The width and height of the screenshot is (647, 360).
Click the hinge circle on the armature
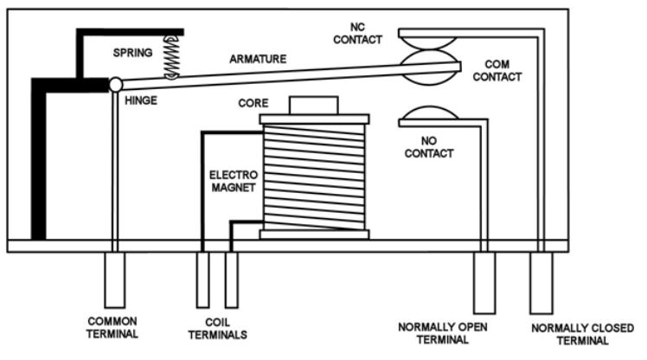[x=116, y=85]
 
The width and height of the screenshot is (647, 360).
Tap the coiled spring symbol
[x=171, y=57]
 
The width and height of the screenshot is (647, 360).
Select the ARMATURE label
[x=258, y=59]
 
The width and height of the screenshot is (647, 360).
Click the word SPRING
[x=133, y=53]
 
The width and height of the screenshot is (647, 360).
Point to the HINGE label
[x=141, y=100]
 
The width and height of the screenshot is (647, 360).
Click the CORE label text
[x=253, y=103]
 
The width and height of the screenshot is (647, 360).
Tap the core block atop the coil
[x=314, y=106]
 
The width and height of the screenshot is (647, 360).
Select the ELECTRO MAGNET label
[x=234, y=181]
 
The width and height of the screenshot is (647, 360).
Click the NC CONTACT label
[x=358, y=34]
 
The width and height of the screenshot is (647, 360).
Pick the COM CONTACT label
[x=497, y=71]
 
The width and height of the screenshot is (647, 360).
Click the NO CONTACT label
[x=429, y=147]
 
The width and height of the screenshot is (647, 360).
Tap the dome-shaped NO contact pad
[x=430, y=113]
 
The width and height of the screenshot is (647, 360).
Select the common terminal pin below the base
[x=115, y=280]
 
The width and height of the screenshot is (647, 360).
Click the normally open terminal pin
[x=484, y=283]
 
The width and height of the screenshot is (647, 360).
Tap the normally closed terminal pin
[x=541, y=283]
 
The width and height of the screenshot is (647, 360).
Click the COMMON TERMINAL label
[x=112, y=328]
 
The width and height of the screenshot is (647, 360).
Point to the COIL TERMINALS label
[x=217, y=329]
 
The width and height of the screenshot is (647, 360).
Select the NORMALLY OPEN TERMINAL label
[x=443, y=333]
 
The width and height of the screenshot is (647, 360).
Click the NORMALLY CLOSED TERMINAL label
[x=583, y=334]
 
